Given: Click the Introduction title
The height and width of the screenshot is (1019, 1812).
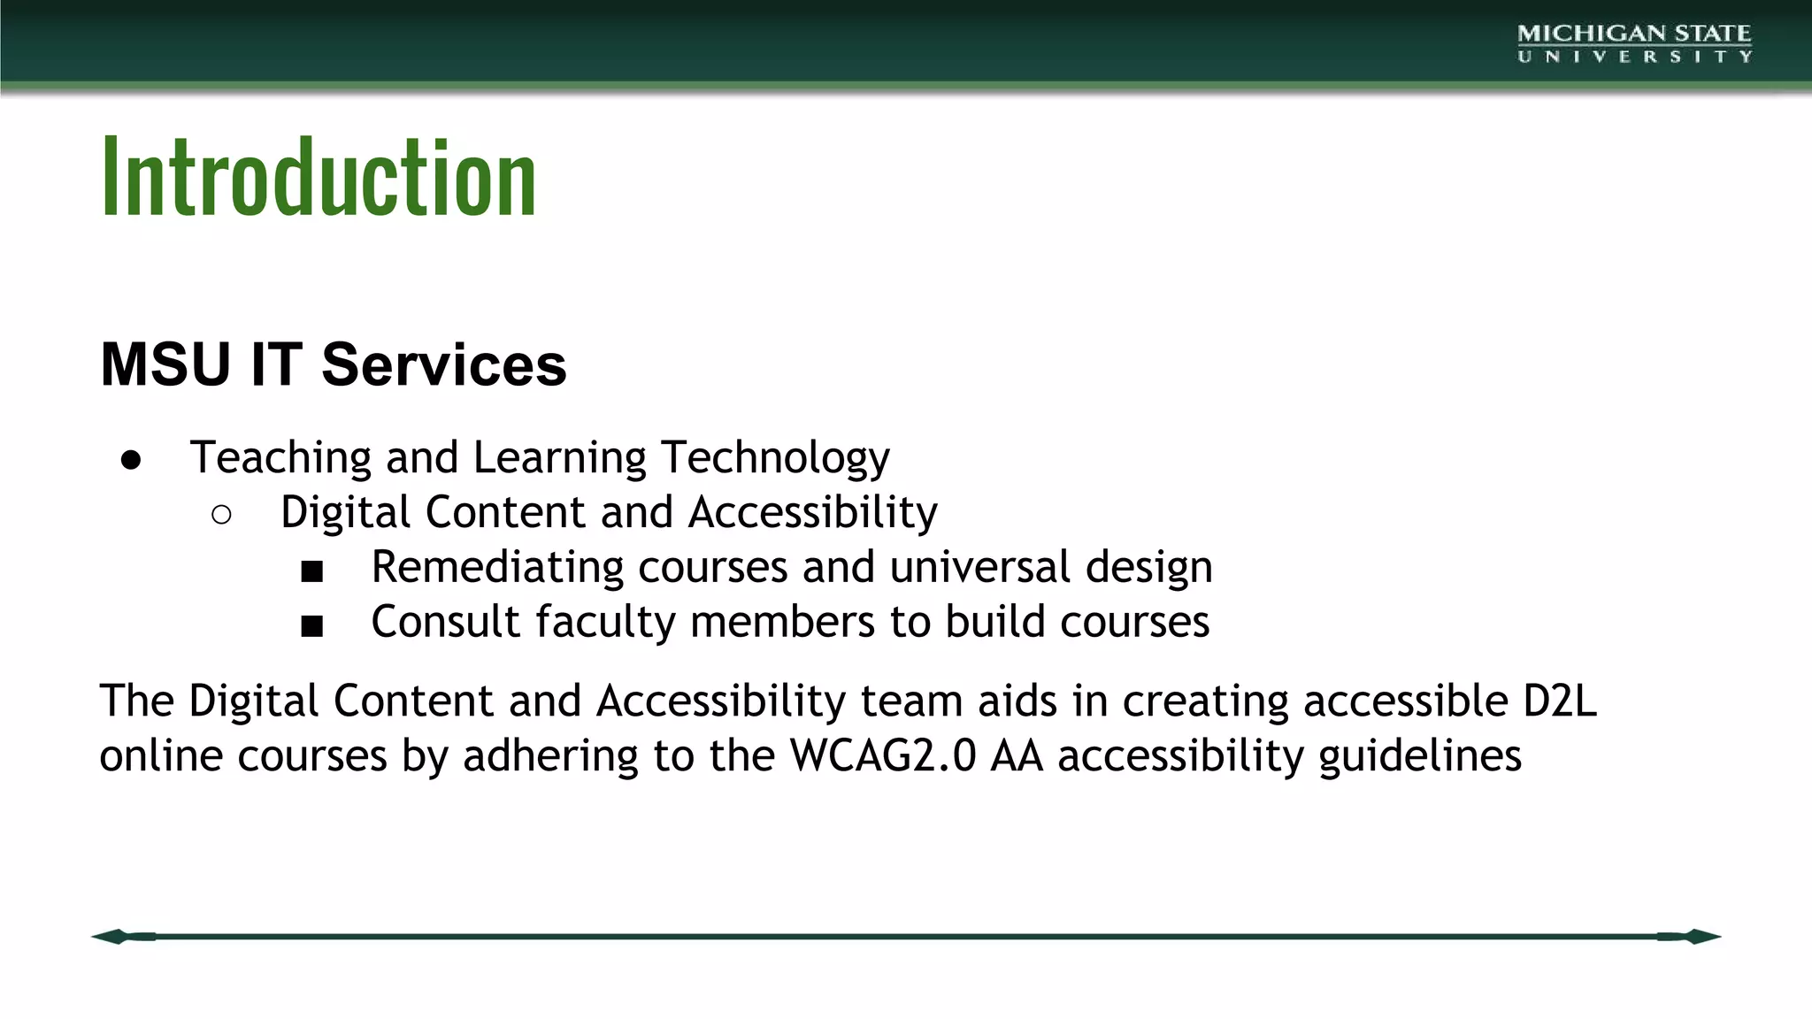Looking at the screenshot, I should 319,177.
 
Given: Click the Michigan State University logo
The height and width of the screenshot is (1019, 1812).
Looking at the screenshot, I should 1633,43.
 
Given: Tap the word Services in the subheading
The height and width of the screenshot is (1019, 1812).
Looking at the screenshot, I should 443,364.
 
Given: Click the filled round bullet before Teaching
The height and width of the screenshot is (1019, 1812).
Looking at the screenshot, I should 131,460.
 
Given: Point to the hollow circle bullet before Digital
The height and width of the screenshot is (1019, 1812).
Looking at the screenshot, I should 222,515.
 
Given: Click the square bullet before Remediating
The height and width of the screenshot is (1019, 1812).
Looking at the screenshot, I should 311,571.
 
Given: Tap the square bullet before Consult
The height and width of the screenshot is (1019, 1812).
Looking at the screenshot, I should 311,626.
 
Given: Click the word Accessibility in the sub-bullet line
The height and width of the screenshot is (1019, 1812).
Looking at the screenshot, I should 812,513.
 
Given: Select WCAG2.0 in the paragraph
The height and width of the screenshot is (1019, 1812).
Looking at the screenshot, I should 883,756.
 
